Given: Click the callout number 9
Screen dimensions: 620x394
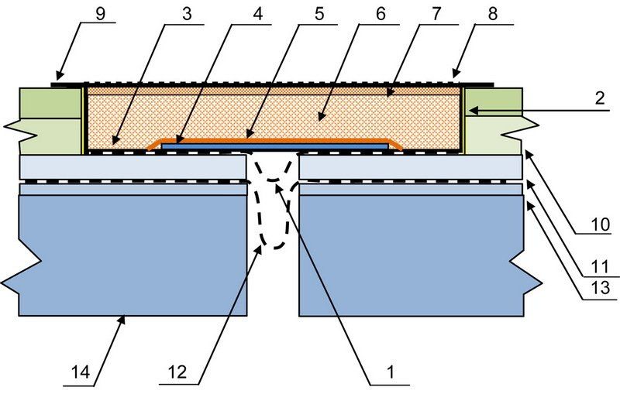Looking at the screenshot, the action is [x=101, y=14].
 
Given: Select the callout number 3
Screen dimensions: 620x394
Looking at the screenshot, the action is [x=187, y=14].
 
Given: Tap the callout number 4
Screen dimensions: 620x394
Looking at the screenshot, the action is [x=257, y=14].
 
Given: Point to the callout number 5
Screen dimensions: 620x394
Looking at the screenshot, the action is [x=319, y=14].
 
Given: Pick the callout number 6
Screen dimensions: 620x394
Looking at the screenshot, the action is [x=381, y=14].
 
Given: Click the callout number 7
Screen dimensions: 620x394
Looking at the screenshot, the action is [x=436, y=14].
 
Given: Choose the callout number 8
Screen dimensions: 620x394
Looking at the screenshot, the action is [x=492, y=14].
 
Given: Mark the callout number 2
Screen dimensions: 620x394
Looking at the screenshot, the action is [x=600, y=98].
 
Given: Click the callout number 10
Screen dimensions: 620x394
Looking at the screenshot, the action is [x=601, y=224].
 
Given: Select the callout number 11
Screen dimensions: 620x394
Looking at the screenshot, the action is [x=600, y=267].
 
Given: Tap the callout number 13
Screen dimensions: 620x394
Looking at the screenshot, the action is [x=601, y=288].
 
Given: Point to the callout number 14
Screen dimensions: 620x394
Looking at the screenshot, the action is [x=81, y=372].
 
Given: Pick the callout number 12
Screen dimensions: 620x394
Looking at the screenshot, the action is [x=177, y=372].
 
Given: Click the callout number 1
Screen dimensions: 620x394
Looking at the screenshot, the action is [x=391, y=372].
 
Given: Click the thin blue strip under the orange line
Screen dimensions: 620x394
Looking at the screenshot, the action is [x=275, y=146].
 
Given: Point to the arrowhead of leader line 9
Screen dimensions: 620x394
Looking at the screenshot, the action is [x=57, y=77].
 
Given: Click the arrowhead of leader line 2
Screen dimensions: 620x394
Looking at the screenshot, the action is [x=469, y=111].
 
